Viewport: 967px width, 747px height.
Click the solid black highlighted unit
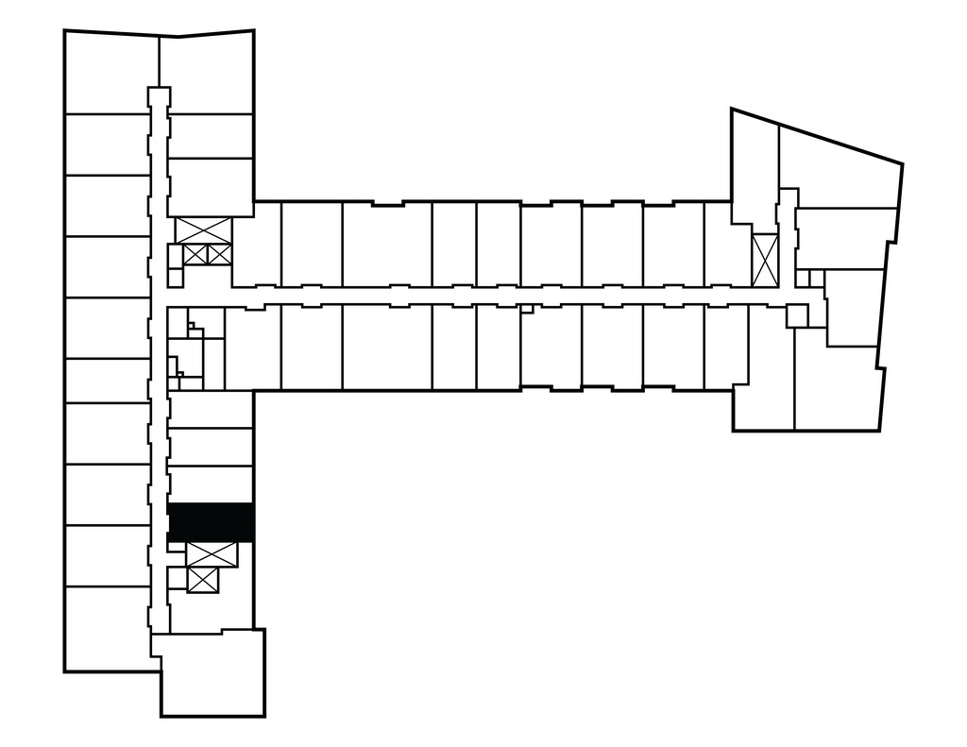(x=210, y=521)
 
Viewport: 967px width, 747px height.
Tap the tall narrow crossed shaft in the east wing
(x=764, y=260)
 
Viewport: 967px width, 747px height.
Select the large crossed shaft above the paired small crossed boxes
(x=204, y=229)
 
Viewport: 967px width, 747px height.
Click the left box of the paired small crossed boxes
(x=195, y=254)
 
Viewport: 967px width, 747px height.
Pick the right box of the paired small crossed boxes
(x=218, y=254)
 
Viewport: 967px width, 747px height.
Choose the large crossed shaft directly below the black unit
(x=212, y=555)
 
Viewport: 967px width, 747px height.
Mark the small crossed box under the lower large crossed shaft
(x=203, y=581)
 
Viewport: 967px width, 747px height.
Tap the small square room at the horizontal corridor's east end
(x=798, y=315)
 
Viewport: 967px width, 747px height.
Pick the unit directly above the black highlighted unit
(x=211, y=484)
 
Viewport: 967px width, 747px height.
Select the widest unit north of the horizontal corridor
(x=386, y=244)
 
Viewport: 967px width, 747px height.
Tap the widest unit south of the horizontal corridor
(x=386, y=347)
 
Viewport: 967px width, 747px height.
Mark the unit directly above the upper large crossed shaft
(x=211, y=186)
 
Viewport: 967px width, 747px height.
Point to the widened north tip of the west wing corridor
(x=158, y=96)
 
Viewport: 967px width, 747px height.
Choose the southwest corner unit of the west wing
(x=107, y=629)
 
